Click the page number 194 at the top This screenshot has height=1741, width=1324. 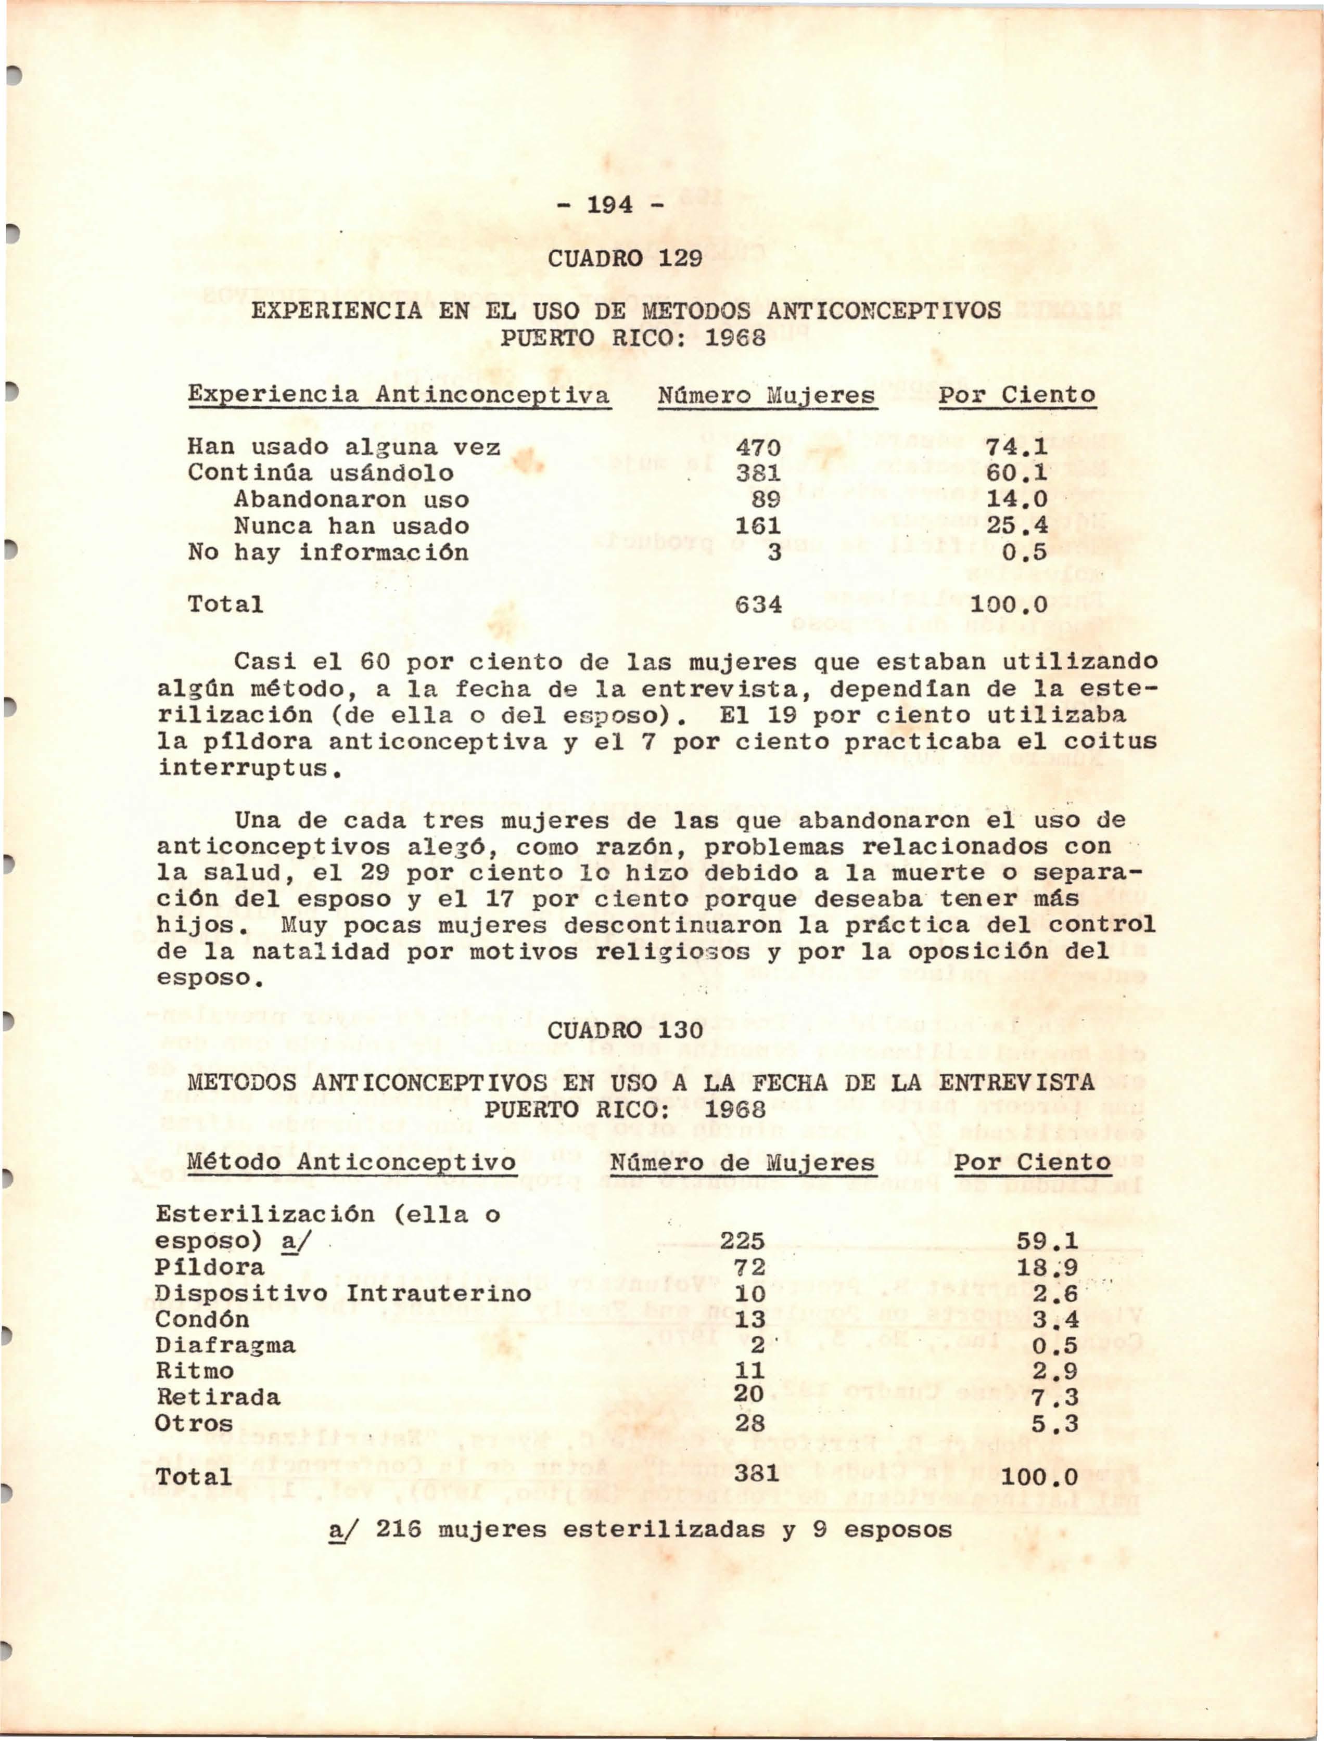tap(610, 205)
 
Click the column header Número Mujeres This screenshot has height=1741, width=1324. tap(766, 395)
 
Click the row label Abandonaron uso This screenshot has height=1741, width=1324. tap(351, 499)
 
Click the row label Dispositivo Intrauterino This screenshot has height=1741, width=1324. tap(343, 1294)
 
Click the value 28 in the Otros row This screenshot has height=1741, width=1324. tap(749, 1424)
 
